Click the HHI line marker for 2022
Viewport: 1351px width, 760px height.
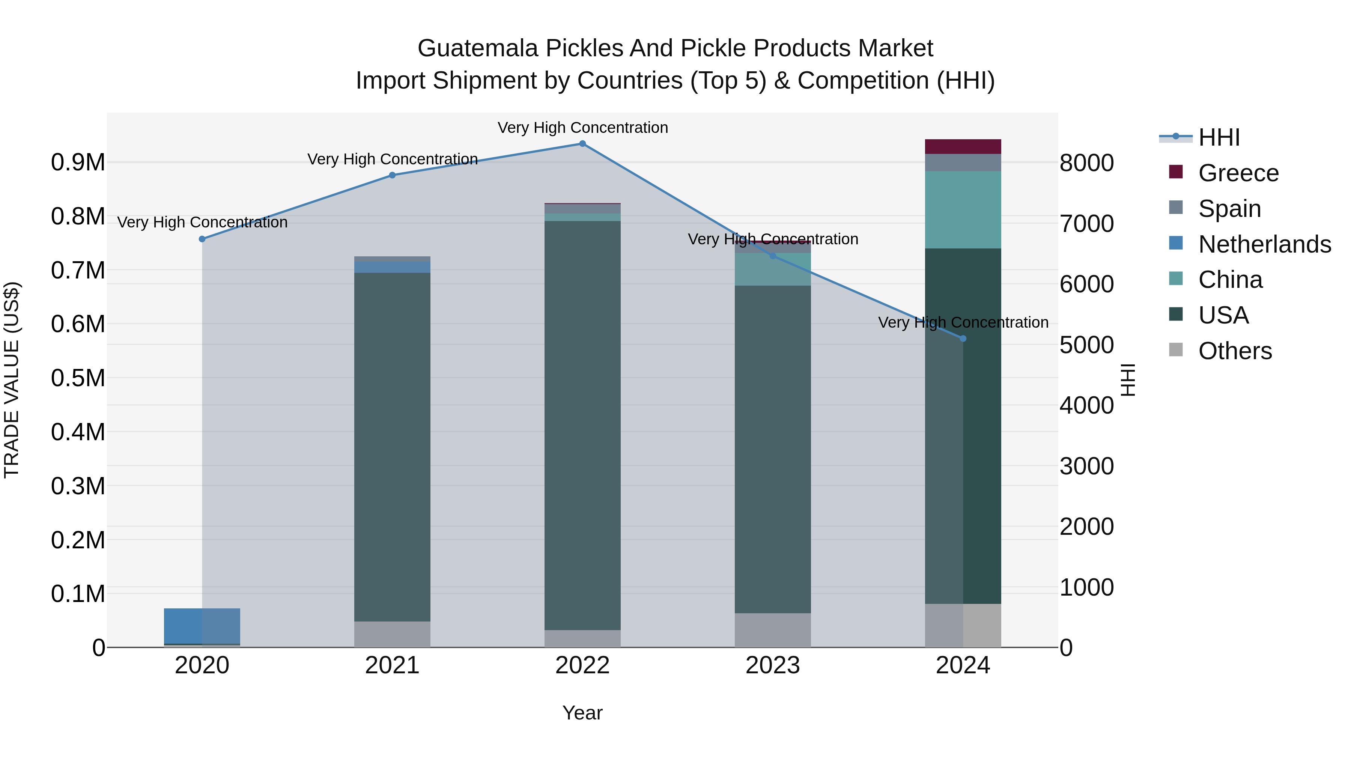click(582, 144)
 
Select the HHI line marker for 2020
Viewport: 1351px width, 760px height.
click(202, 239)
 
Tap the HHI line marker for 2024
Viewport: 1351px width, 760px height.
click(963, 339)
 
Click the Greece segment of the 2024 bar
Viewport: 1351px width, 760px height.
click(963, 147)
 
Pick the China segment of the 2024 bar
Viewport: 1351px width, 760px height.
click(963, 210)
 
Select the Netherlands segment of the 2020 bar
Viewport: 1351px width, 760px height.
click(202, 626)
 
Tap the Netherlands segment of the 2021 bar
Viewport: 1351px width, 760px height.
click(392, 268)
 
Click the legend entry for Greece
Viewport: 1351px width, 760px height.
click(1238, 173)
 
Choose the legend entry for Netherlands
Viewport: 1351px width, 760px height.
click(1264, 244)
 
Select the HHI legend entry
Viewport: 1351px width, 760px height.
click(1218, 137)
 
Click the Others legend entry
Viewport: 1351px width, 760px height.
click(1235, 351)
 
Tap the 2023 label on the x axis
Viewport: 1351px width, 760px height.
click(773, 665)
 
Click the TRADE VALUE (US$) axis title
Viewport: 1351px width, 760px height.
click(12, 380)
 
